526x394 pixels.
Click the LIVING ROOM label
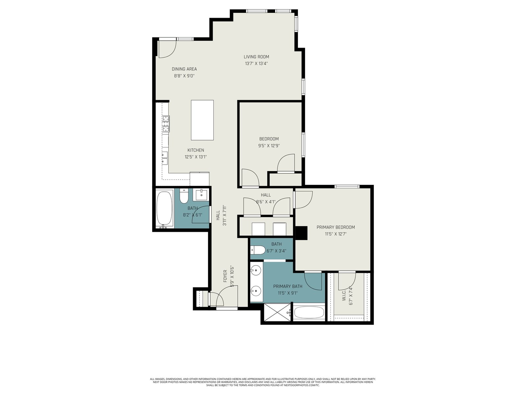click(x=256, y=57)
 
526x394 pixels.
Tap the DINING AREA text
click(x=184, y=69)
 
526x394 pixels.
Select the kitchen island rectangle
click(x=202, y=120)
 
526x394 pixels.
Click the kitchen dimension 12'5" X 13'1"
click(x=196, y=157)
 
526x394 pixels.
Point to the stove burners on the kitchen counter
click(x=166, y=124)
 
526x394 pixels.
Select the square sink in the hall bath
click(x=201, y=194)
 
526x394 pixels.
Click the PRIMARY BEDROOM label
click(x=336, y=227)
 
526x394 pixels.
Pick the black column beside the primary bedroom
click(x=301, y=233)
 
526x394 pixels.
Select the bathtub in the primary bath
click(x=309, y=313)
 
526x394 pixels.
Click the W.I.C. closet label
click(x=344, y=296)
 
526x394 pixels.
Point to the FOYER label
click(x=225, y=276)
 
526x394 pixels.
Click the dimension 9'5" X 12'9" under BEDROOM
click(x=269, y=145)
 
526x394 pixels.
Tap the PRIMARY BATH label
click(x=288, y=286)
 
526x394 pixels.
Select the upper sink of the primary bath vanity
click(x=256, y=271)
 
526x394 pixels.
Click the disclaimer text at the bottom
click(x=263, y=382)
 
